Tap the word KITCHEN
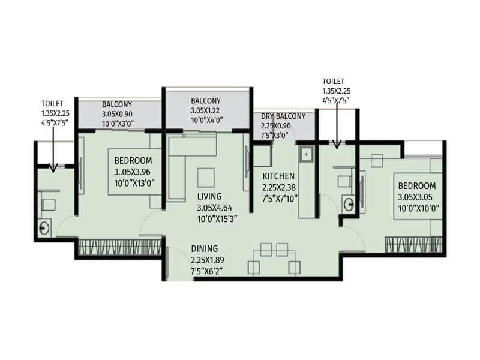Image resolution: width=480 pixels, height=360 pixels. click(x=278, y=176)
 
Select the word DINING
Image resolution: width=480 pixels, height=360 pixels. click(x=205, y=249)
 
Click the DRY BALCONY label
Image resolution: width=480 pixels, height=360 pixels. click(x=283, y=116)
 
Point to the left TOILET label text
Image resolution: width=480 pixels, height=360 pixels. click(x=52, y=103)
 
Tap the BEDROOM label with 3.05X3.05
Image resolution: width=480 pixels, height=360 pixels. click(x=416, y=186)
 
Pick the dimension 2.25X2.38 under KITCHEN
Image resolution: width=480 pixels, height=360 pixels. click(x=280, y=187)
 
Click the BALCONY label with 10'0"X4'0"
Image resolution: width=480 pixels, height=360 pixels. click(x=206, y=101)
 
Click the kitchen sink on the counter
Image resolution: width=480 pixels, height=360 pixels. click(x=306, y=155)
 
